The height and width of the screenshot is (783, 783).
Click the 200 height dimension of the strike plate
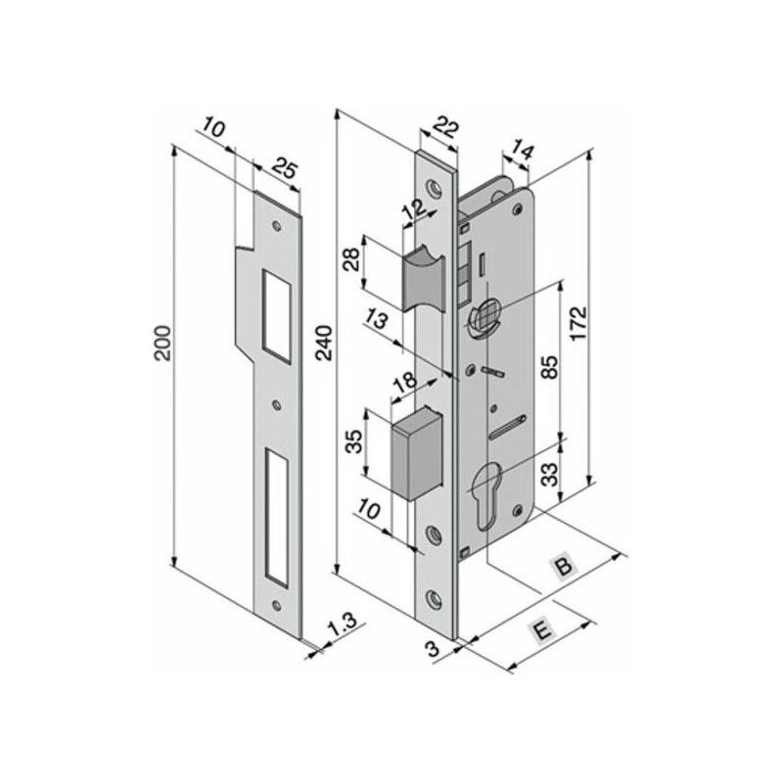pyautogui.click(x=162, y=344)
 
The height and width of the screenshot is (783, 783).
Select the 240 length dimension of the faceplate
pyautogui.click(x=324, y=343)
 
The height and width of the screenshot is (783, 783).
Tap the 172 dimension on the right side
pyautogui.click(x=578, y=324)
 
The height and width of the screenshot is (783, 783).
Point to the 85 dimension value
pyautogui.click(x=550, y=367)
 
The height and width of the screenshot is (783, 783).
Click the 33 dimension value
pyautogui.click(x=550, y=475)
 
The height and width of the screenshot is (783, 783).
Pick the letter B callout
pyautogui.click(x=564, y=567)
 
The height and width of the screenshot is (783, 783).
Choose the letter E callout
pyautogui.click(x=542, y=630)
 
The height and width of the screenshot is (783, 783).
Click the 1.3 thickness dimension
pyautogui.click(x=344, y=624)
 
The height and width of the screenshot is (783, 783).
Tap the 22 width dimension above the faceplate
pyautogui.click(x=444, y=128)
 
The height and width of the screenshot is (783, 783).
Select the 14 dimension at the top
pyautogui.click(x=523, y=151)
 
